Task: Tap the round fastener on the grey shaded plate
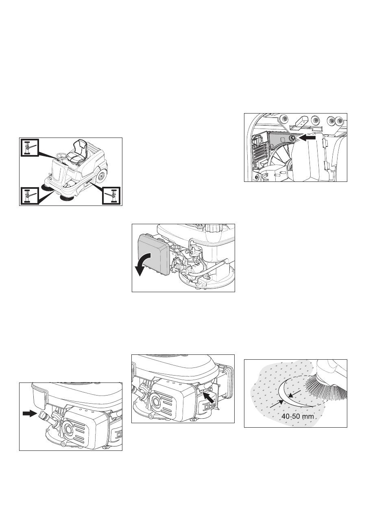tap(292, 138)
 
